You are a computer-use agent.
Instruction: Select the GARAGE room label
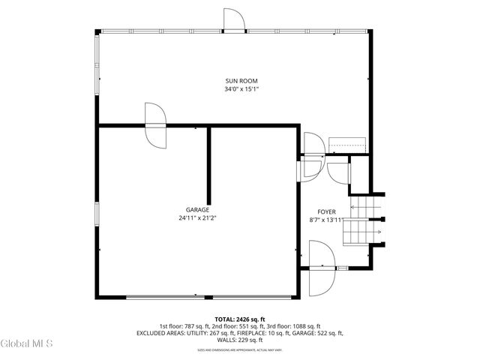pos(198,210)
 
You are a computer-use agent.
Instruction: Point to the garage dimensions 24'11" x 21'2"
pos(198,218)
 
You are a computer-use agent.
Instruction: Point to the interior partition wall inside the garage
pos(208,165)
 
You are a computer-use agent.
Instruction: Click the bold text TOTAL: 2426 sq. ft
pos(240,319)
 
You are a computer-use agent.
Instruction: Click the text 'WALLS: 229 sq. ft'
pos(240,340)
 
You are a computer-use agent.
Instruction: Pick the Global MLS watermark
pos(27,344)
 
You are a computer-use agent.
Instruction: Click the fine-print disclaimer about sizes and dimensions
pos(240,349)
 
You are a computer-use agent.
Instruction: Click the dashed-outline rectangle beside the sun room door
pos(347,144)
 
